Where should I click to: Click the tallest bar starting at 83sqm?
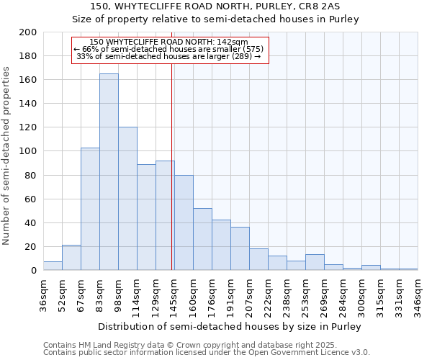[x=109, y=172]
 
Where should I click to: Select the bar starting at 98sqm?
[x=127, y=199]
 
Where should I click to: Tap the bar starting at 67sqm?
[x=90, y=209]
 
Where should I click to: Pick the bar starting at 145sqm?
[x=184, y=222]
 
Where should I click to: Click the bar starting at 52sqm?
[x=71, y=258]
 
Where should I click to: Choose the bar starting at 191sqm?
[x=240, y=249]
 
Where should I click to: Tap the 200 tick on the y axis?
[x=29, y=32]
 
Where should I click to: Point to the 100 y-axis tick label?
[x=29, y=151]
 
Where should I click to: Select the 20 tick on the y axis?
[x=31, y=246]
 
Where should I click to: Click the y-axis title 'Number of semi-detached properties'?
[x=7, y=156]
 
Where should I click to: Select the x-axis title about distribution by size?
[x=230, y=326]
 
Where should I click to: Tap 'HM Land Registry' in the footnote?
[x=113, y=345]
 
